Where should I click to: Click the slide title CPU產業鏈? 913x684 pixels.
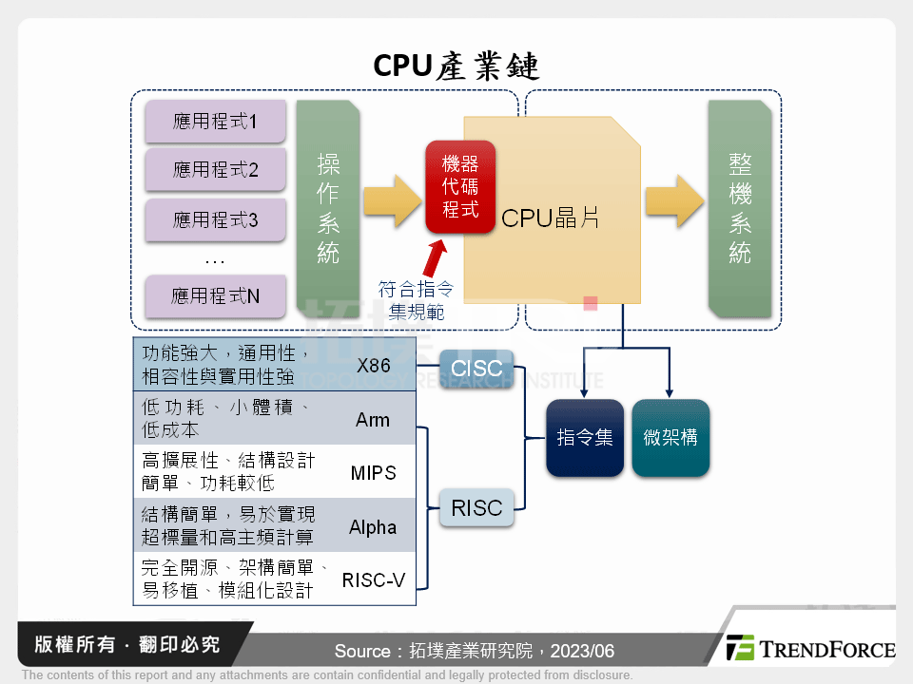coord(456,64)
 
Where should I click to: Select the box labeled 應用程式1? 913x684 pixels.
coord(215,122)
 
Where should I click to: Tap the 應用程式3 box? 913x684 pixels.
coord(215,220)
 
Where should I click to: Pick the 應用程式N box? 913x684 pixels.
coord(215,296)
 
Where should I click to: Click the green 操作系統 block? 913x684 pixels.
coord(328,209)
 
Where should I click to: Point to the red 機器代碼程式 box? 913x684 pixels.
coord(460,187)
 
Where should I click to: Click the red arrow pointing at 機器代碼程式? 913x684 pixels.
coord(437,256)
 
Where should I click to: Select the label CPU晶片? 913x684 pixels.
coord(550,218)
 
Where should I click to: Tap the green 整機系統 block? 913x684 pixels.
coord(739,209)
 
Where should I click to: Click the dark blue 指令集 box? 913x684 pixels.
coord(584,437)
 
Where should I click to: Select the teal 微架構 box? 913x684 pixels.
coord(670,437)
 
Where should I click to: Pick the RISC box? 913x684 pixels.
coord(476,508)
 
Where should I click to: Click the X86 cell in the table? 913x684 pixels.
coord(373,366)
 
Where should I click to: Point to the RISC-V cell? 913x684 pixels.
coord(373,579)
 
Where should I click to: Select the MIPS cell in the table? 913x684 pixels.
coord(373,472)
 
